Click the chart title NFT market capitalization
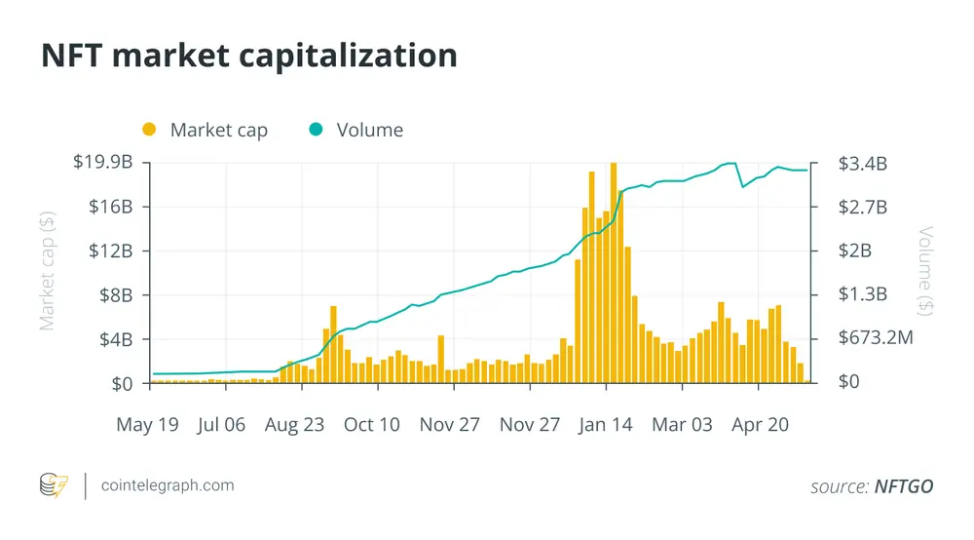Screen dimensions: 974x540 [249, 56]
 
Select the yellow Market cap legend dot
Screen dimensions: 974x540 [149, 130]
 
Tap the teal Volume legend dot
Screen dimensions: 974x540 [316, 130]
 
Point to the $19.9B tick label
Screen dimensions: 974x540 [103, 162]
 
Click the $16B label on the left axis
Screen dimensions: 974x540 [111, 207]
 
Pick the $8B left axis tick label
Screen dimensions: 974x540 [116, 295]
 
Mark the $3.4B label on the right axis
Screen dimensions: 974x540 [863, 164]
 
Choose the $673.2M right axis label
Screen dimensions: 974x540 [876, 337]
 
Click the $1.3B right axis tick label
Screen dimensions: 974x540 [863, 293]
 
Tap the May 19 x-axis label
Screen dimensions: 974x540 [147, 424]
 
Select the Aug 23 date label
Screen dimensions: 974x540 [294, 424]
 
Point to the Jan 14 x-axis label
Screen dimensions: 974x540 [605, 424]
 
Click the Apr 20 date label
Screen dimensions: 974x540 [760, 424]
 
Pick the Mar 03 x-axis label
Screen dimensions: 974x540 [682, 424]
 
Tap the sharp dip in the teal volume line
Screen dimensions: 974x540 [742, 186]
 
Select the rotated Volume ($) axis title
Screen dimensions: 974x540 [925, 271]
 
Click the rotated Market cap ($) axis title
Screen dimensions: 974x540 [47, 271]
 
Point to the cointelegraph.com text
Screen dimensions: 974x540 [168, 485]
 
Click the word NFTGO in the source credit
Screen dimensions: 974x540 [904, 486]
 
